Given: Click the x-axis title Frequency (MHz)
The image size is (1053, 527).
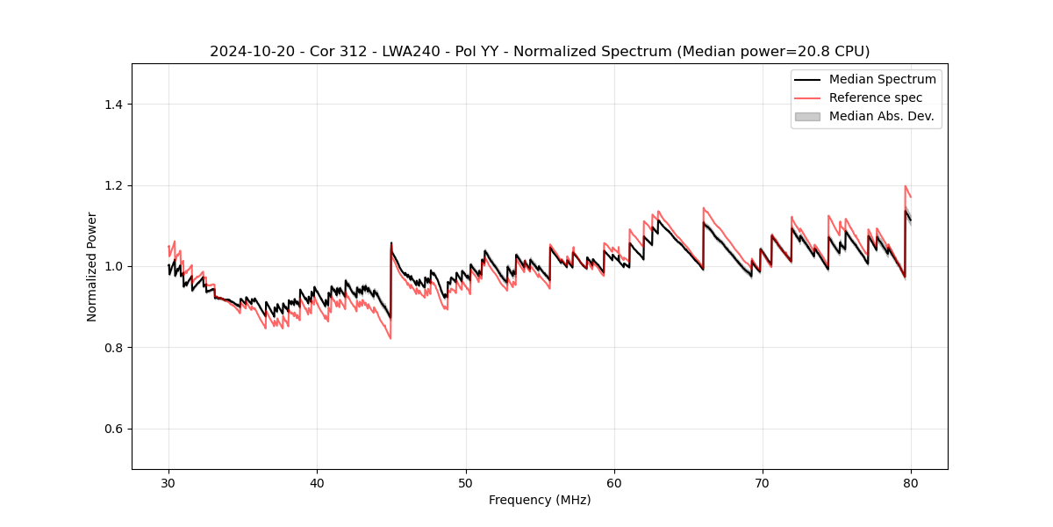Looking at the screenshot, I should (x=540, y=500).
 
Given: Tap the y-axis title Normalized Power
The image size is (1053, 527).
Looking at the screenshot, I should (x=92, y=266).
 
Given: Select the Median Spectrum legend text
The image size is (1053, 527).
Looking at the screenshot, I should (x=882, y=79).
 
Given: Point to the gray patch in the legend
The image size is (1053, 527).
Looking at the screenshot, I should (x=807, y=116).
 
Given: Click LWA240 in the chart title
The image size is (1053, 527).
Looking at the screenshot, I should (x=411, y=52).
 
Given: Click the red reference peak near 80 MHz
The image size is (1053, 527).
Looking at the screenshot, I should (x=905, y=186).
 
